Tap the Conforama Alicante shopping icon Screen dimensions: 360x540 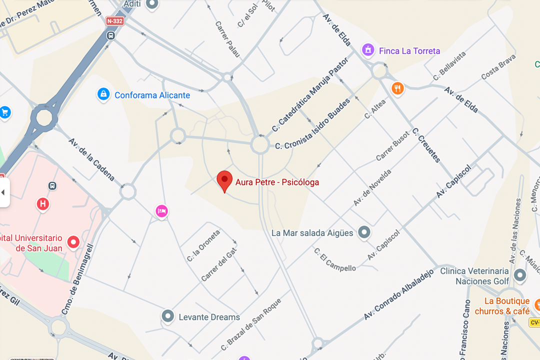pos(103,94)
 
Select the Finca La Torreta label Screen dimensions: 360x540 pos(409,51)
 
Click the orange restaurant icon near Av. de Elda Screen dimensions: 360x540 pos(397,88)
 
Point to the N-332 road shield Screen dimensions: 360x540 pos(115,21)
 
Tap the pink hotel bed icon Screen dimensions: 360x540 pos(161,211)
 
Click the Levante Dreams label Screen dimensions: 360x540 pos(209,317)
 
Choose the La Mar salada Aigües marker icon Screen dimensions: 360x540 pos(364,232)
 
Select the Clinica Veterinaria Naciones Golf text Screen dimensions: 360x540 pos(474,276)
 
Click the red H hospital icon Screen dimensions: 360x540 pos(43,203)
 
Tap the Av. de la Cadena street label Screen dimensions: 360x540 pos(91,159)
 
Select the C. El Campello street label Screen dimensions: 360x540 pos(335,259)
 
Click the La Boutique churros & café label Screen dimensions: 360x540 pos(506,306)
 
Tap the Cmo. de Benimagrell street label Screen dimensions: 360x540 pos(76,279)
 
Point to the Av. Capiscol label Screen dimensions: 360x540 pos(453,180)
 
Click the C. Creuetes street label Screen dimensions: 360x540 pos(426,145)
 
